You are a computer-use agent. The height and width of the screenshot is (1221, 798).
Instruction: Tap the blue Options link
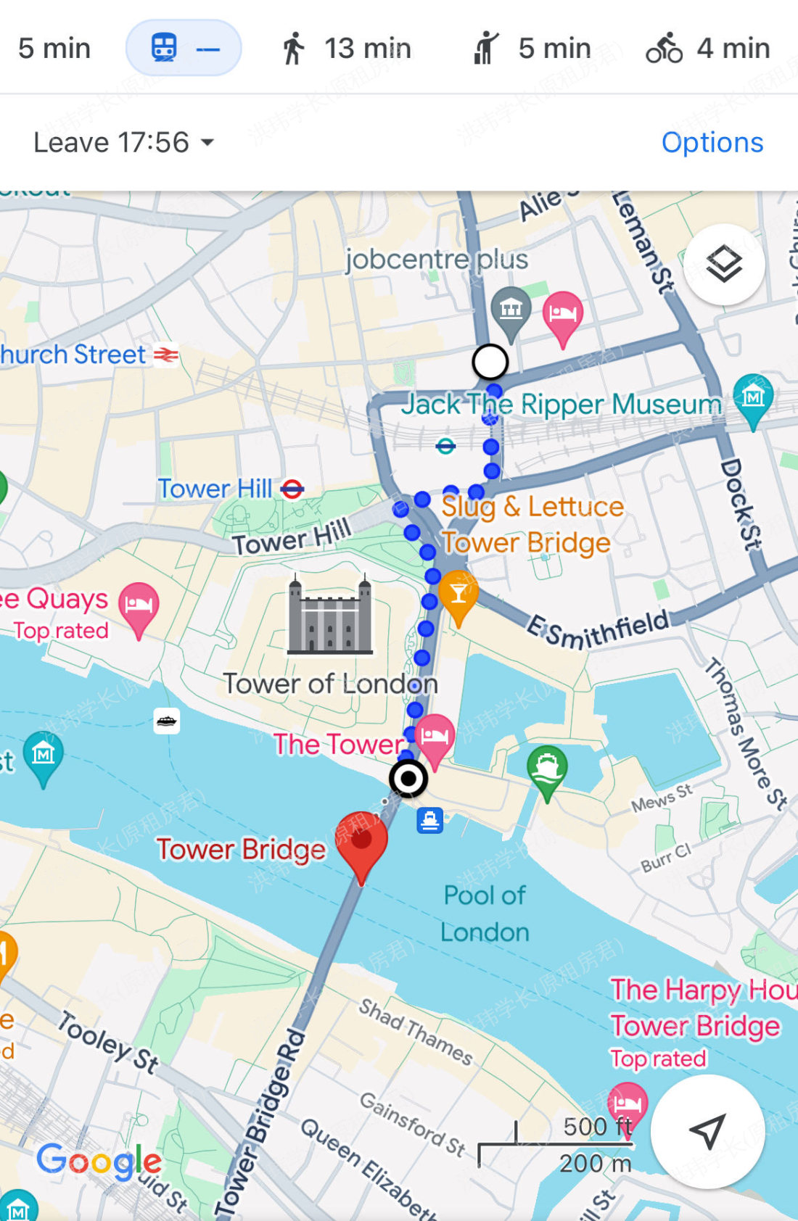712,142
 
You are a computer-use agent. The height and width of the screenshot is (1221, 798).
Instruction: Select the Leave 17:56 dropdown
123,142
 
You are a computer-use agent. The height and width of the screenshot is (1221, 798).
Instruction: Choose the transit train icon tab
183,49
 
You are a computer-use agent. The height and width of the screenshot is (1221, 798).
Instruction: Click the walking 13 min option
345,49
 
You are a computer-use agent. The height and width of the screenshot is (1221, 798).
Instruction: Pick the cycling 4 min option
707,49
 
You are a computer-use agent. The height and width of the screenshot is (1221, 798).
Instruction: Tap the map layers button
723,265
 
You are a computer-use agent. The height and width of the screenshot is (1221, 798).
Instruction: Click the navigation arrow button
707,1131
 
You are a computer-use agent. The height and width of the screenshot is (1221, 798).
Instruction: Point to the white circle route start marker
490,362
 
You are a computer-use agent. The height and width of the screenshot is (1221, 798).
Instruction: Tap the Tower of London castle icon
330,616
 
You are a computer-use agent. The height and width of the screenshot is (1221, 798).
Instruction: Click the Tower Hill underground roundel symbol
292,489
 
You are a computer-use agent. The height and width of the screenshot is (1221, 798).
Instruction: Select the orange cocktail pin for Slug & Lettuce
458,594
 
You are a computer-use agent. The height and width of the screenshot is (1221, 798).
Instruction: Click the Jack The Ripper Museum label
562,405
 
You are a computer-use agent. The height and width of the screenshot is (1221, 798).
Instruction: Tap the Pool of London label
485,914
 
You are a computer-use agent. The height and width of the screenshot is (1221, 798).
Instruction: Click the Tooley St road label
108,1042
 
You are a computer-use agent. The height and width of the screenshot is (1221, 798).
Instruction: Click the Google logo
99,1162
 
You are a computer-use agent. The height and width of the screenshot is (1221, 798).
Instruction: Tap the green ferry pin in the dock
547,769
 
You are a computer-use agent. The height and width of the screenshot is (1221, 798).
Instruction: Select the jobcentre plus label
436,260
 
